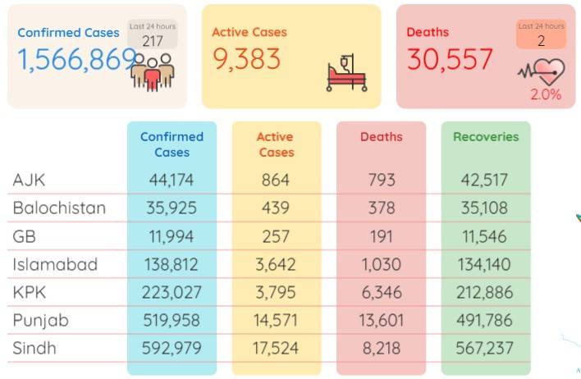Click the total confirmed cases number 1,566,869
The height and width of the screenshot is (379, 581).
tap(77, 59)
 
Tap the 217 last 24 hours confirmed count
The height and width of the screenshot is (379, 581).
tap(153, 41)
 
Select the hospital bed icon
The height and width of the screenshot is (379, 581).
tap(347, 73)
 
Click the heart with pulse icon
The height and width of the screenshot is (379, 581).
tap(542, 72)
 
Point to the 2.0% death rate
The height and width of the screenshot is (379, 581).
tap(546, 94)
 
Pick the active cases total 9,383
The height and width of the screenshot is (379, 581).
tap(246, 59)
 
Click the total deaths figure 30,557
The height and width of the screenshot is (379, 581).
tap(450, 59)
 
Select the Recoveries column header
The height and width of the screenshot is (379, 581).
tap(486, 137)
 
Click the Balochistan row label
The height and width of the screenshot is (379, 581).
tap(59, 208)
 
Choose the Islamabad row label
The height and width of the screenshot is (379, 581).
tap(55, 264)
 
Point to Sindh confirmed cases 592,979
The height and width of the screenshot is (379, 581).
tap(172, 348)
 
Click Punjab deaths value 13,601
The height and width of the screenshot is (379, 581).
tap(382, 320)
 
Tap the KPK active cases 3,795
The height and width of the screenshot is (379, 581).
tap(276, 292)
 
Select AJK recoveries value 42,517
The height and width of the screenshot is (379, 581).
tap(484, 180)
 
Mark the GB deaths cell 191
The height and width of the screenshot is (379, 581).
tap(382, 236)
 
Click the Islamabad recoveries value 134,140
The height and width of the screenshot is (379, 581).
tap(484, 264)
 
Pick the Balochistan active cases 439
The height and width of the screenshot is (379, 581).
tap(276, 208)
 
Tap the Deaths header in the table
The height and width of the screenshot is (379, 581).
tap(382, 137)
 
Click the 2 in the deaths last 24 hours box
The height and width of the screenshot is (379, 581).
tap(542, 41)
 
